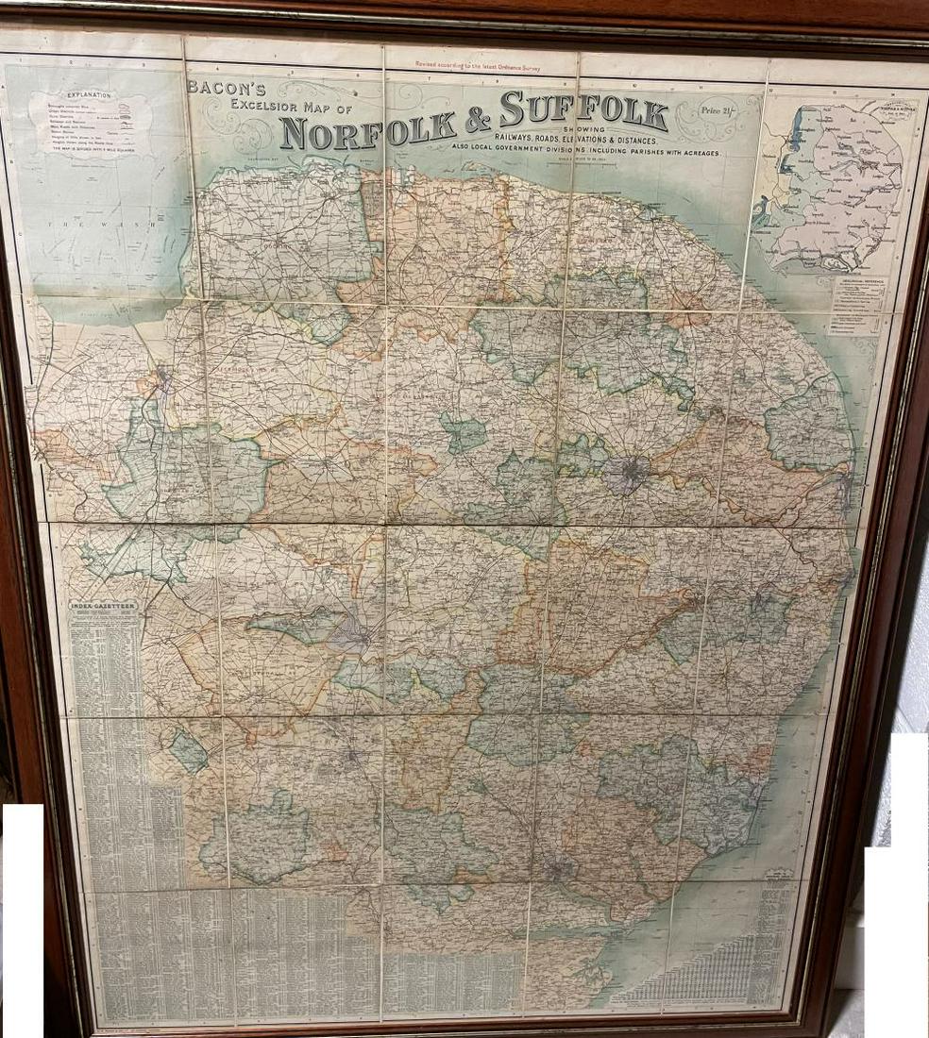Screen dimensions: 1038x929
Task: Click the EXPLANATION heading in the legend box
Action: point(90,96)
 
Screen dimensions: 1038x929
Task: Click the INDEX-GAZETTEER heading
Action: point(103,605)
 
